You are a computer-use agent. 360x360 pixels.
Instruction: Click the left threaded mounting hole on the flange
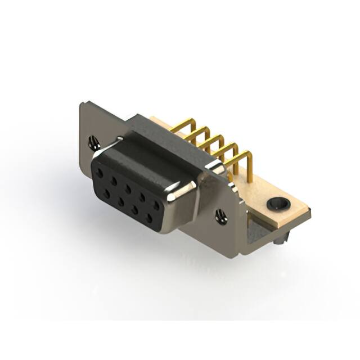(93, 143)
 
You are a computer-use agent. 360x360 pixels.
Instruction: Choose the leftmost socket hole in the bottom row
(106, 193)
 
